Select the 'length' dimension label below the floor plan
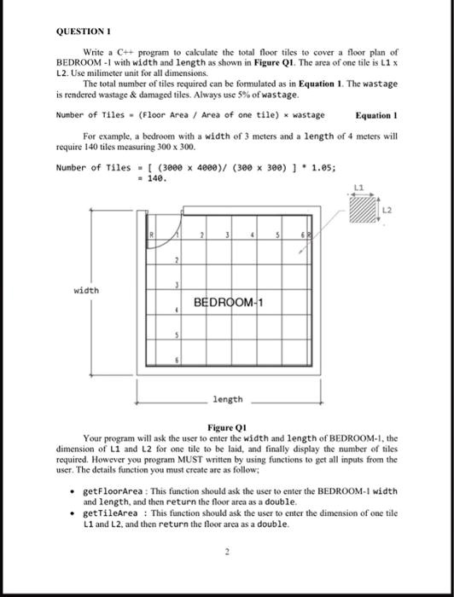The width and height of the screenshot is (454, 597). coord(228,398)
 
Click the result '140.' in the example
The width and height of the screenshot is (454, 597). coord(157,178)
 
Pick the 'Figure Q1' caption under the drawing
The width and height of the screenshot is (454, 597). coord(227,426)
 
